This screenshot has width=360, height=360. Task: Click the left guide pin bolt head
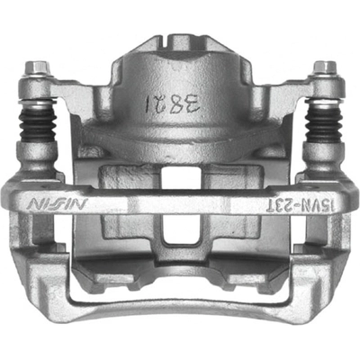pyautogui.click(x=37, y=67)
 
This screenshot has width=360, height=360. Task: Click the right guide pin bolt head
pyautogui.click(x=324, y=67)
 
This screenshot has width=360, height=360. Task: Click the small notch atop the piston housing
pyautogui.click(x=180, y=40)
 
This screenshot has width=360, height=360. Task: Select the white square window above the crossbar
pyautogui.click(x=180, y=177)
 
